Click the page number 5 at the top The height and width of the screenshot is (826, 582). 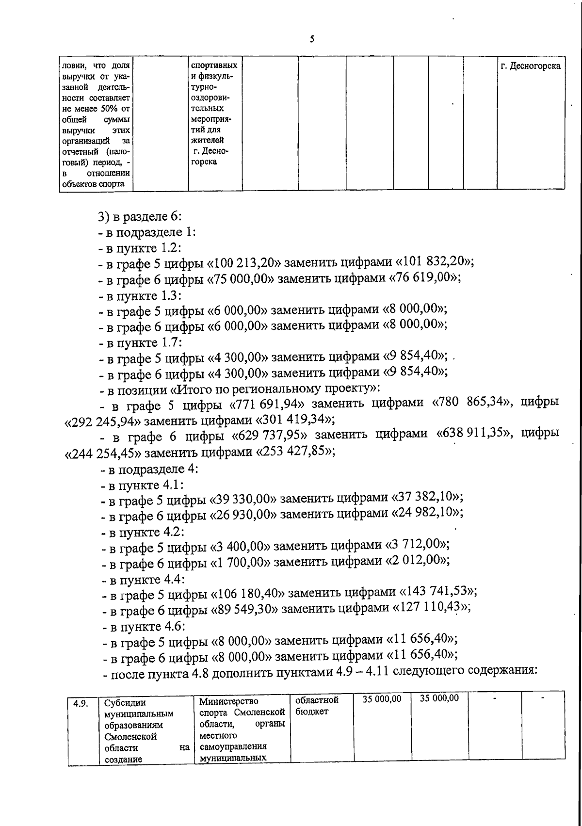click(x=312, y=39)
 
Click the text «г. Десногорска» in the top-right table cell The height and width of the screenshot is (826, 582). click(x=531, y=66)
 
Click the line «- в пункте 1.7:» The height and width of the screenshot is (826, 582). click(x=140, y=342)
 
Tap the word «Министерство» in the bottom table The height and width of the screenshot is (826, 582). click(x=228, y=701)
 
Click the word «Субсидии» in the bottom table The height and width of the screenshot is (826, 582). click(x=125, y=703)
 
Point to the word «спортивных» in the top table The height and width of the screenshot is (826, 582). click(x=214, y=65)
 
